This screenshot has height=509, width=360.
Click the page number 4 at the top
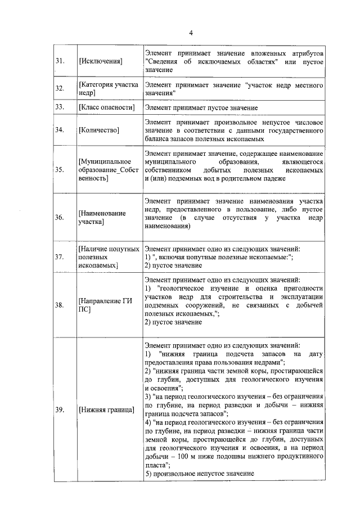pos(191,32)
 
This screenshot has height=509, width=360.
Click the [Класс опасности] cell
pos(107,107)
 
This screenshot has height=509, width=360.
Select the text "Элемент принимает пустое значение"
pos(201,107)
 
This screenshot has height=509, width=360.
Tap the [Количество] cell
pos(99,130)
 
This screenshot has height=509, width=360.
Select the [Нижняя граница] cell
pos(107,409)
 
